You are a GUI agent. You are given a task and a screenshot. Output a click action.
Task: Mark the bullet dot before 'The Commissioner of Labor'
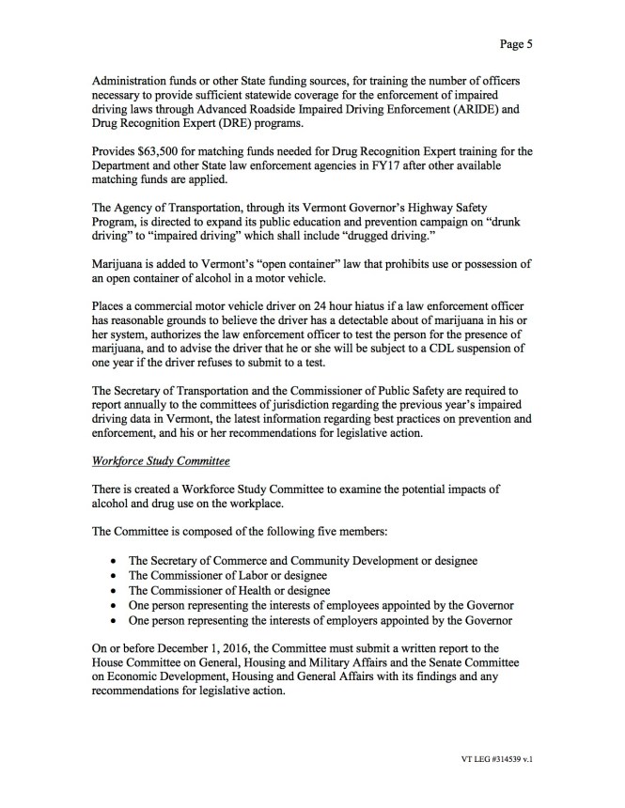(114, 575)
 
